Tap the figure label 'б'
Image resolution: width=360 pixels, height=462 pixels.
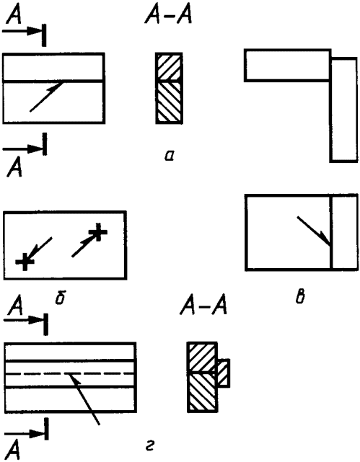tap(61, 298)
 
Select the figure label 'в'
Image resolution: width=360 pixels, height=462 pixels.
tap(300, 298)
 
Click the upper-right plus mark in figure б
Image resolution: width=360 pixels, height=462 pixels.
tap(98, 231)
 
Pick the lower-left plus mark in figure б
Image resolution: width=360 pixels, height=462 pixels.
tap(25, 262)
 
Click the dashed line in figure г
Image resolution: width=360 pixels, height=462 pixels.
tap(70, 373)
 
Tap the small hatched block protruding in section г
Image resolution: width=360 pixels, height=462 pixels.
tap(224, 373)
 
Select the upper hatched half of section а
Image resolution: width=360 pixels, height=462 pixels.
tap(169, 66)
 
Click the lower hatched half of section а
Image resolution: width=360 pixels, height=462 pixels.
tap(169, 102)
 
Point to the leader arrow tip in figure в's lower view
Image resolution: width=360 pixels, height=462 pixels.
tap(330, 245)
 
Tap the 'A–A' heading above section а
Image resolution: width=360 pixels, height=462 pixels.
tap(168, 14)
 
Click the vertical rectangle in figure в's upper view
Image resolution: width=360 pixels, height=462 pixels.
tap(344, 110)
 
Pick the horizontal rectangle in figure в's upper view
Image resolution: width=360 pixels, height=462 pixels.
tap(287, 65)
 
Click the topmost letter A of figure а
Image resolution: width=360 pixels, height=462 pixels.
tap(14, 14)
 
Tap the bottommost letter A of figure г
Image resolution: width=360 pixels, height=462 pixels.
tap(13, 451)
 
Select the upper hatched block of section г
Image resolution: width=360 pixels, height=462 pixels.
tap(202, 357)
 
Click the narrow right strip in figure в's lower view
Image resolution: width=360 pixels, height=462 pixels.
tap(345, 232)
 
